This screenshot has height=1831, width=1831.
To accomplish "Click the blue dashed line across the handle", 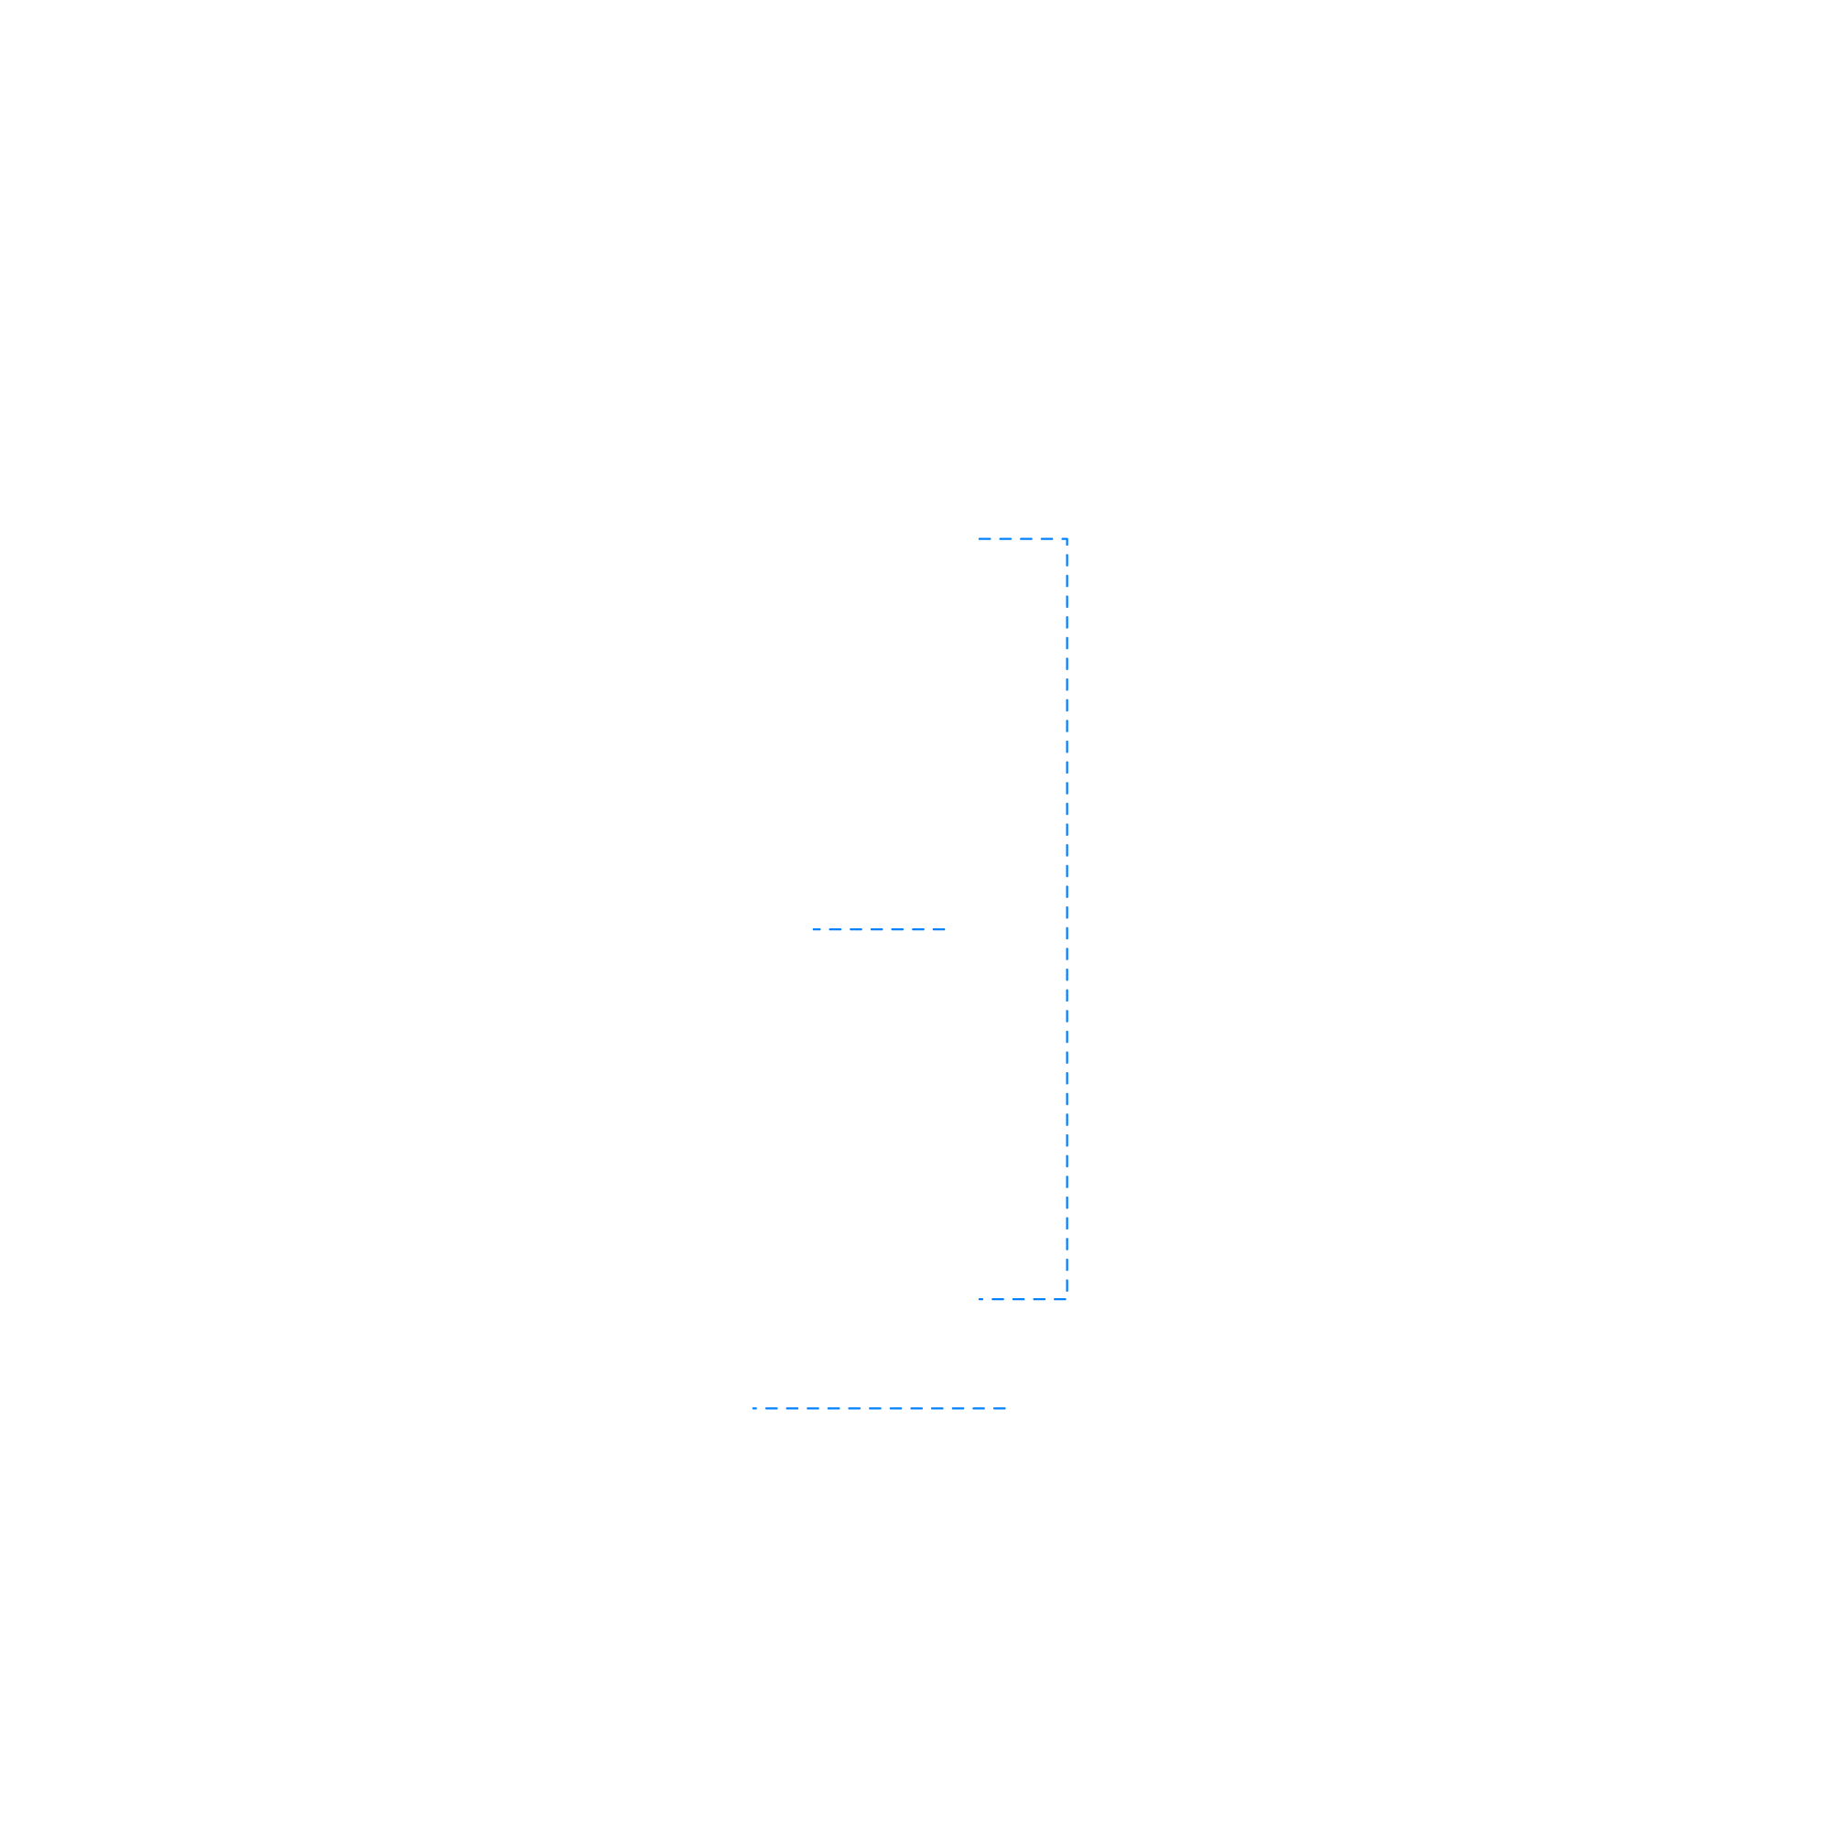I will (x=879, y=930).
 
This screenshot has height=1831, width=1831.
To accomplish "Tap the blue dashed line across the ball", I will (x=879, y=1408).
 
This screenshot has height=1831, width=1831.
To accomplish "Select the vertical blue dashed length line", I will (x=1067, y=919).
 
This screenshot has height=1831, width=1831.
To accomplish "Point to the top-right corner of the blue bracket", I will (x=1067, y=539).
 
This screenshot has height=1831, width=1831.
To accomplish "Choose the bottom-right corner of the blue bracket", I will (x=1067, y=1299).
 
